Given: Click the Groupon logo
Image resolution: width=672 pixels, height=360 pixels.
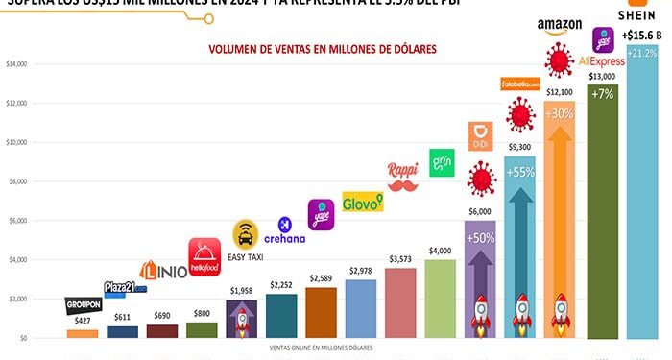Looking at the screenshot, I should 83,304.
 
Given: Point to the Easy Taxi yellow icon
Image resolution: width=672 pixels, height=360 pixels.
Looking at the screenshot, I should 247,235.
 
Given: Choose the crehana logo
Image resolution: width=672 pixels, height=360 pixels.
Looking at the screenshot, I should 285,231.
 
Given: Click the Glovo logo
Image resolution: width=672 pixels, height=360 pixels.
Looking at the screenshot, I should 363,202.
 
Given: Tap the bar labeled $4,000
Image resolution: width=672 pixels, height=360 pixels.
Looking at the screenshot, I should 440,298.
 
